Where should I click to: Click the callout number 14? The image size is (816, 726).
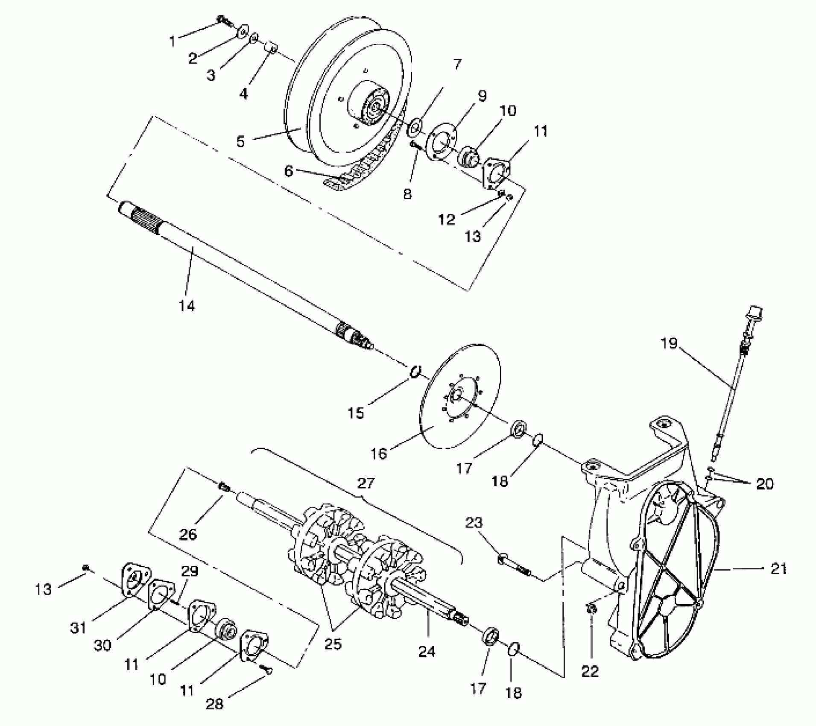pyautogui.click(x=187, y=306)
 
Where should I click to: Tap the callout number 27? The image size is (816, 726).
pyautogui.click(x=366, y=483)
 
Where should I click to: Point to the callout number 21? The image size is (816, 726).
pyautogui.click(x=778, y=569)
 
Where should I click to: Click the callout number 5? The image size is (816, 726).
pyautogui.click(x=241, y=141)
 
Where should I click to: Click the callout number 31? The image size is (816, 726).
pyautogui.click(x=79, y=628)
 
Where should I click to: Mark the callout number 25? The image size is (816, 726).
pyautogui.click(x=333, y=644)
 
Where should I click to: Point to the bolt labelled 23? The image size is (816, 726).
pyautogui.click(x=514, y=565)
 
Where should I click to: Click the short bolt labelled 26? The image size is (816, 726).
pyautogui.click(x=224, y=486)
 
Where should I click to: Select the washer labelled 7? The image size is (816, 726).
pyautogui.click(x=414, y=127)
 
